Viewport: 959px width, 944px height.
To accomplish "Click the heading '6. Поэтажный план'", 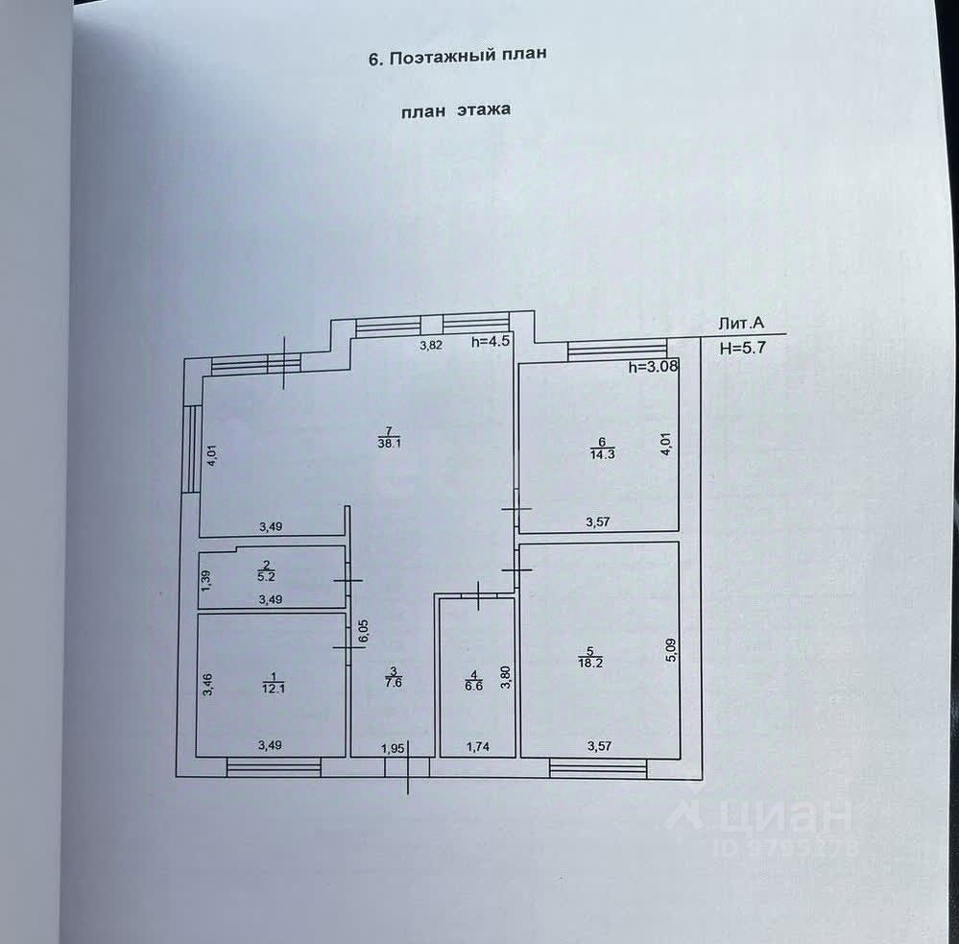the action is (x=457, y=56).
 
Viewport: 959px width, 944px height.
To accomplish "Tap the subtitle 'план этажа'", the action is (x=456, y=110).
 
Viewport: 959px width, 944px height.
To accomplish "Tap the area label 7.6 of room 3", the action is (x=392, y=683).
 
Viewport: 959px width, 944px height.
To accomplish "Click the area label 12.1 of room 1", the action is (x=272, y=687).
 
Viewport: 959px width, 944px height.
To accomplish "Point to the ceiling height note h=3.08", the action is (x=652, y=367).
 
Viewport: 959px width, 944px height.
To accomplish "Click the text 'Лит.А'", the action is (x=740, y=326).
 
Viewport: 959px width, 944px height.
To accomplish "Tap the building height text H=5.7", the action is (x=743, y=349).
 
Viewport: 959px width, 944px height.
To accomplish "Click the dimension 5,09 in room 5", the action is (x=671, y=651).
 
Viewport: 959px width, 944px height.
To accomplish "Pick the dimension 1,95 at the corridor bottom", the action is (x=395, y=747).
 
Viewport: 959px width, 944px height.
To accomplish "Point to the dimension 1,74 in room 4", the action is (x=477, y=746).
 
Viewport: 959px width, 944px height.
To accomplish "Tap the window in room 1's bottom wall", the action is (x=274, y=765).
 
